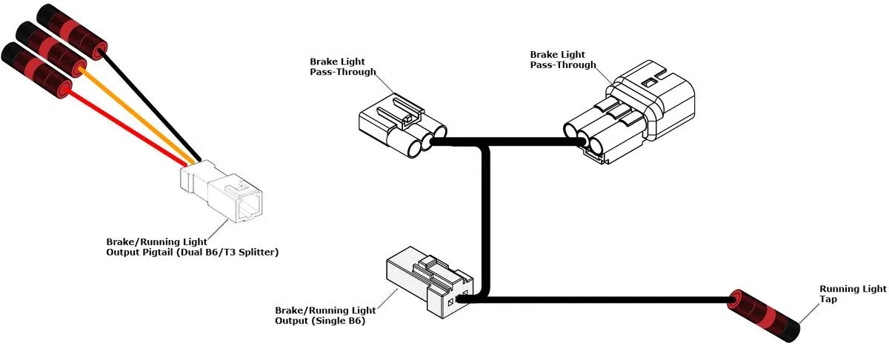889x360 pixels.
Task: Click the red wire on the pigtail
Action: pyautogui.click(x=126, y=126)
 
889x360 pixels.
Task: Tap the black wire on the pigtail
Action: pyautogui.click(x=148, y=96)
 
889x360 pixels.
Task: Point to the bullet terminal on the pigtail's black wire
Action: pyautogui.click(x=74, y=30)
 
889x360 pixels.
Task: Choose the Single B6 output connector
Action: pyautogui.click(x=427, y=285)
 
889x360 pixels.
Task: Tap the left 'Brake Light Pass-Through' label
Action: pyautogui.click(x=343, y=67)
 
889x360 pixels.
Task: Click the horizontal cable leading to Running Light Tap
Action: pyautogui.click(x=607, y=300)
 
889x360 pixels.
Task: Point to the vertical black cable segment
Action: pyautogui.click(x=487, y=222)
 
